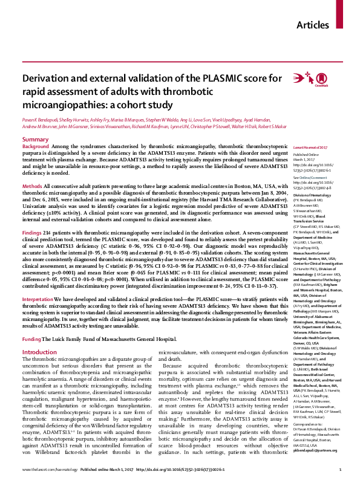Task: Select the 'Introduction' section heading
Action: tap(39, 334)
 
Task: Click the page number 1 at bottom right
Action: tap(341, 470)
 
